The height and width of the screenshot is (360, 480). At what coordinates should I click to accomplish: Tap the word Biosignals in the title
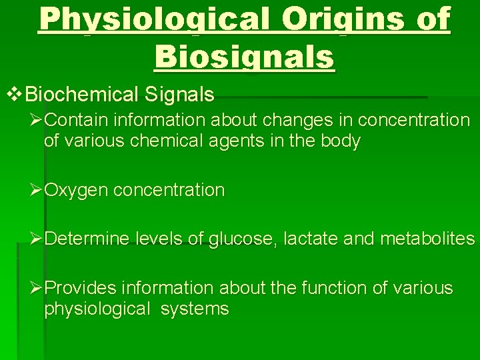(245, 57)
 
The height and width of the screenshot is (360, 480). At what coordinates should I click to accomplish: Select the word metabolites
(427, 239)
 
